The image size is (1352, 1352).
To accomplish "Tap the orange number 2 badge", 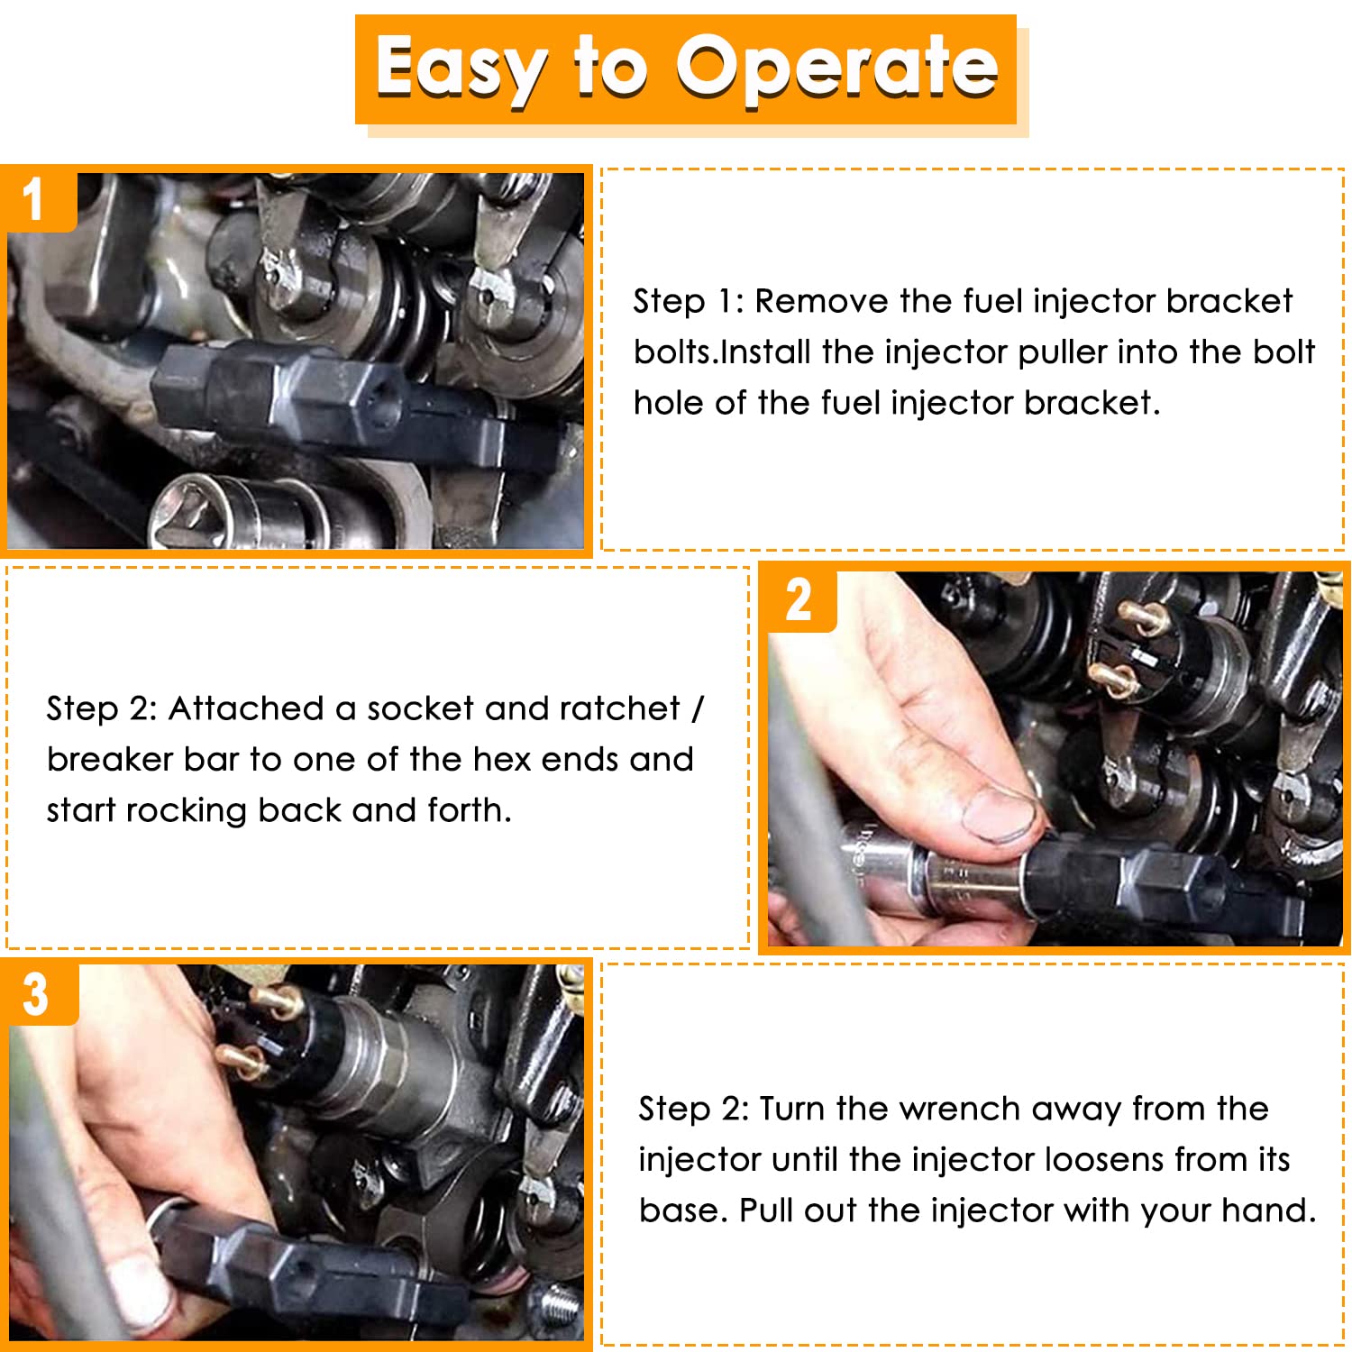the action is tap(799, 599).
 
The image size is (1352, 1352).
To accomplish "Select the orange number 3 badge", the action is tap(38, 994).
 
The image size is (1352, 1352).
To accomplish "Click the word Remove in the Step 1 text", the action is tap(821, 301).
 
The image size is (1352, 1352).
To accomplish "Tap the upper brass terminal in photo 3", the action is tap(277, 1000).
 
